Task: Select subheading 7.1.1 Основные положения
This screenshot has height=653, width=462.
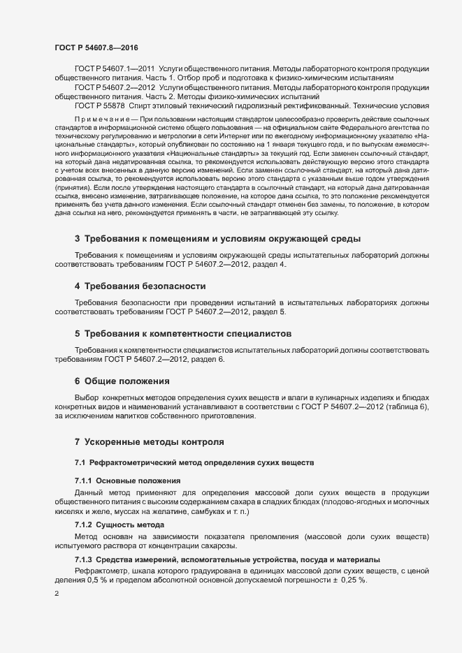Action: pyautogui.click(x=127, y=481)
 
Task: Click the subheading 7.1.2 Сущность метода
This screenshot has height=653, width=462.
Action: pyautogui.click(x=122, y=523)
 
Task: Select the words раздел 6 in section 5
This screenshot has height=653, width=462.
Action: pyautogui.click(x=207, y=359)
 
